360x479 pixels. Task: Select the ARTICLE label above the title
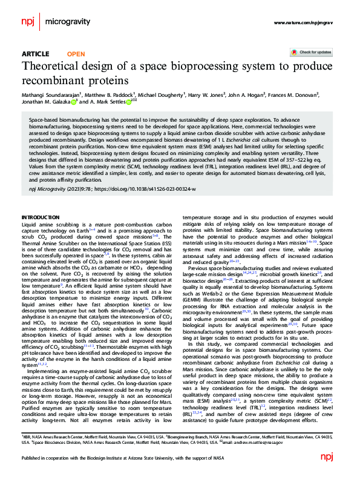point(35,54)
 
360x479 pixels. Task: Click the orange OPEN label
point(76,54)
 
